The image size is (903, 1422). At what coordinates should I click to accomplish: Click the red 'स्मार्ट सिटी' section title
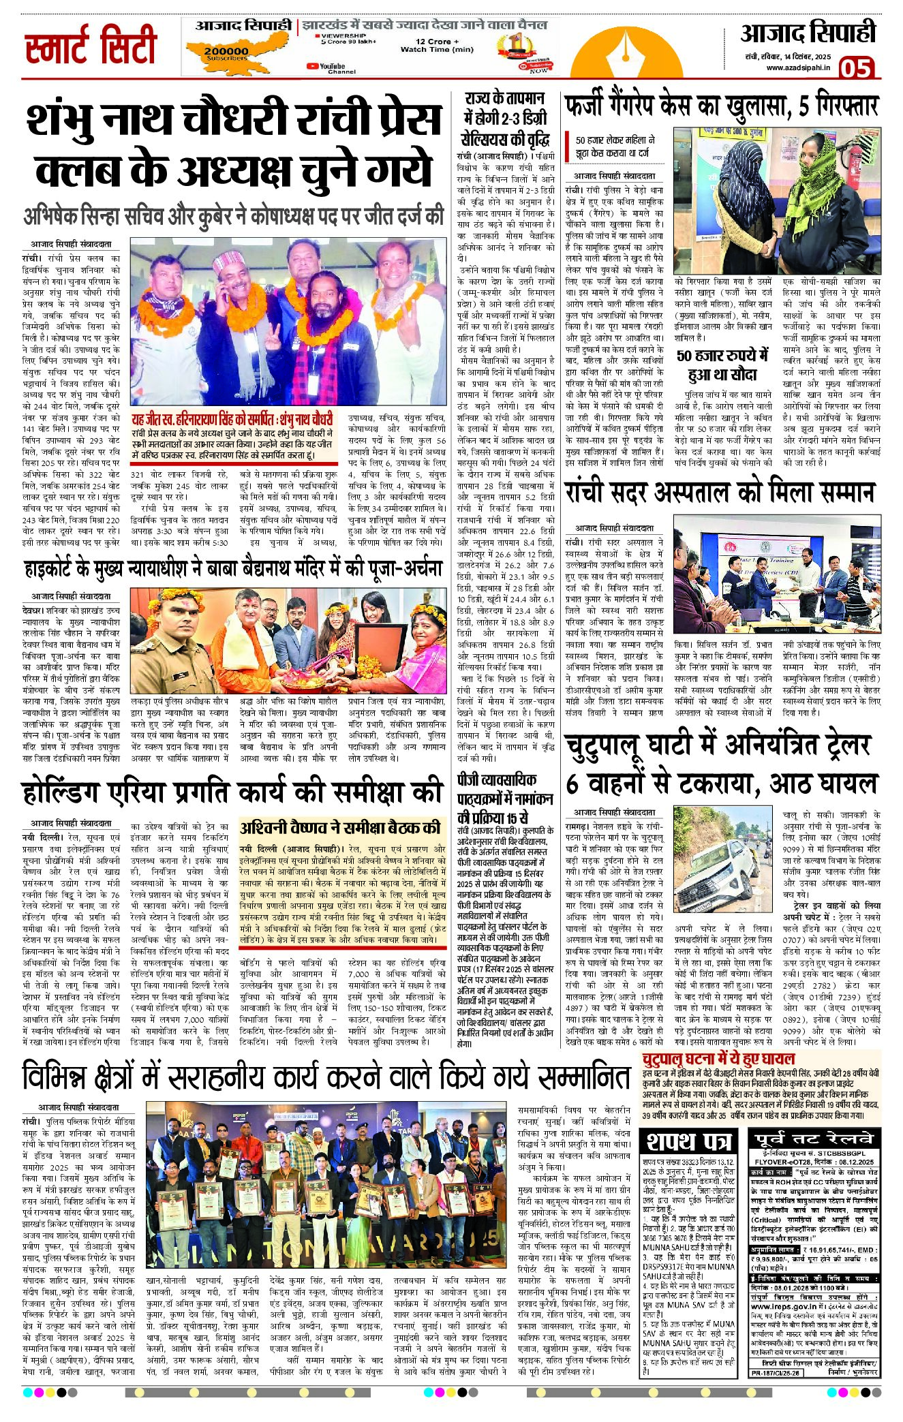[x=91, y=46]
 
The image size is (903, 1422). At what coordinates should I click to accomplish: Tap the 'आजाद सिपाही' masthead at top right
[x=808, y=33]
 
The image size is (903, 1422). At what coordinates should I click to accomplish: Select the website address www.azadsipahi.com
[x=798, y=67]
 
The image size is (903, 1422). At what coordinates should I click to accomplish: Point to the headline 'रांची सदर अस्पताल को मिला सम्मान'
[x=719, y=492]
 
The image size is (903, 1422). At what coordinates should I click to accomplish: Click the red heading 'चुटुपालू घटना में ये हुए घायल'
[x=718, y=1059]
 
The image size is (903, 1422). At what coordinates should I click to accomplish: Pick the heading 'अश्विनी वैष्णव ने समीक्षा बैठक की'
[x=340, y=829]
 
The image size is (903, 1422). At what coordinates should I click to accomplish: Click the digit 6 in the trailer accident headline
[x=572, y=784]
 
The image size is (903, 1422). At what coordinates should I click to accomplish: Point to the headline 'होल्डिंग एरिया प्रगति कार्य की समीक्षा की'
[x=232, y=792]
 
